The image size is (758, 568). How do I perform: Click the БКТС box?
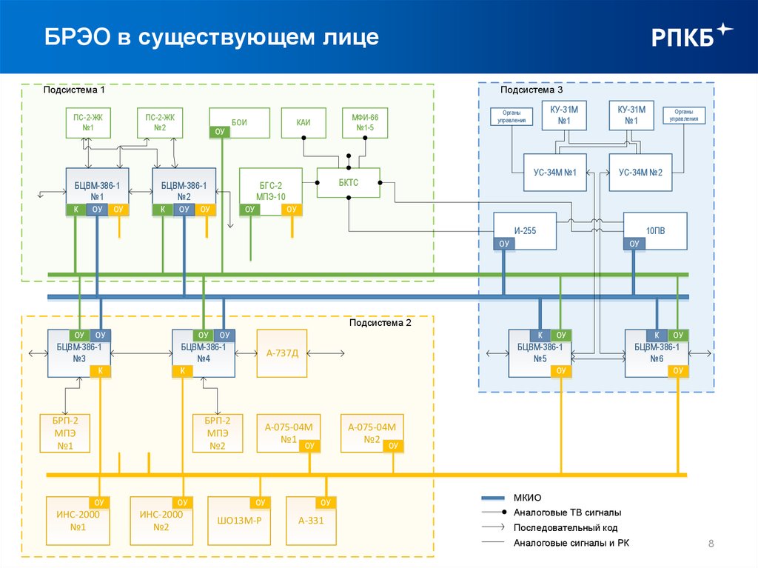click(349, 183)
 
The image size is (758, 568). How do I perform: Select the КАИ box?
click(303, 123)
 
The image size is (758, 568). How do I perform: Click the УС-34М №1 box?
click(554, 172)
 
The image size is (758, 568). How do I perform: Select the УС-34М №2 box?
click(640, 172)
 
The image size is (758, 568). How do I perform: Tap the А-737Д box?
click(282, 353)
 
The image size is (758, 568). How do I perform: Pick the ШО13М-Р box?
click(238, 519)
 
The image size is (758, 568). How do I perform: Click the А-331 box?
click(311, 519)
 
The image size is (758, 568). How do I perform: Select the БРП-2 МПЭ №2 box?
click(217, 432)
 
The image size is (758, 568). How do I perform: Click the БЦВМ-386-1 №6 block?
click(656, 353)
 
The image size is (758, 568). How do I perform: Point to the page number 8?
click(711, 545)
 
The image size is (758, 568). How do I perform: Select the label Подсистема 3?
click(528, 90)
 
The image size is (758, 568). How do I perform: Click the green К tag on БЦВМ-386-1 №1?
click(76, 210)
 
